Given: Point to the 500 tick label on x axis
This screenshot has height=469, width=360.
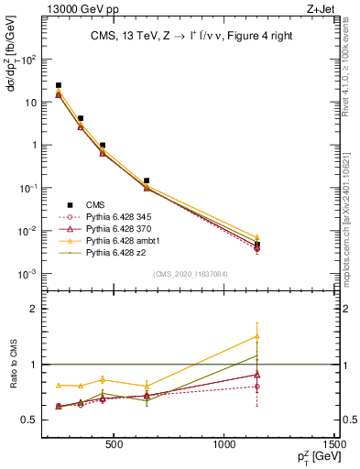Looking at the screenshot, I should pyautogui.click(x=114, y=445).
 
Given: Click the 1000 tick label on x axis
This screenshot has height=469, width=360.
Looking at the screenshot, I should pyautogui.click(x=224, y=445).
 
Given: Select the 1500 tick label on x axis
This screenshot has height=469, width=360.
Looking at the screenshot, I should pyautogui.click(x=335, y=445).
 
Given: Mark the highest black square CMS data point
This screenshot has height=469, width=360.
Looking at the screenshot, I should pyautogui.click(x=59, y=85).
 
